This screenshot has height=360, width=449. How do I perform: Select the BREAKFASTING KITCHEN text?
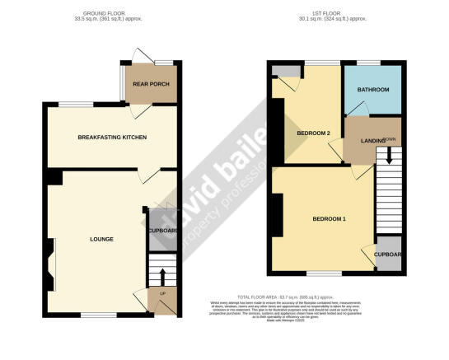pyautogui.click(x=112, y=137)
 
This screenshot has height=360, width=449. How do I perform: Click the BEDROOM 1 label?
pyautogui.click(x=329, y=219)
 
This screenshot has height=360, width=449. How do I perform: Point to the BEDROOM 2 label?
pyautogui.click(x=313, y=133)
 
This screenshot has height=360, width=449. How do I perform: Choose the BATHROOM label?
pyautogui.click(x=372, y=88)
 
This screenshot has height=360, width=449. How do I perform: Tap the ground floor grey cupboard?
pyautogui.click(x=161, y=231)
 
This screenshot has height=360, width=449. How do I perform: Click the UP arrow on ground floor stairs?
pyautogui.click(x=162, y=276)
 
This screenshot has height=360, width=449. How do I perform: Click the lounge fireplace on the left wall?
pyautogui.click(x=52, y=263)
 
